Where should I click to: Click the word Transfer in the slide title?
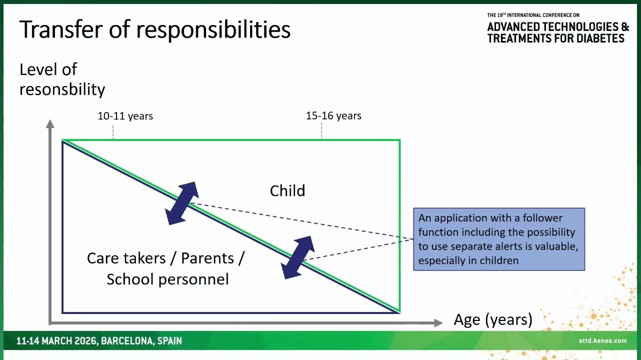coord(60,29)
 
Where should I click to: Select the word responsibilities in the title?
coord(213,30)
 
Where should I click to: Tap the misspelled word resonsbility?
coord(62,89)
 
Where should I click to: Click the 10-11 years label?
coord(125,116)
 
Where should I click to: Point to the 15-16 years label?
coord(333,115)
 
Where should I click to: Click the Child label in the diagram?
coord(287,190)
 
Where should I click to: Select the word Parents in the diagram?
coord(207,258)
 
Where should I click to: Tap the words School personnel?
coord(167,279)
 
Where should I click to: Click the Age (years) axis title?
coord(493,319)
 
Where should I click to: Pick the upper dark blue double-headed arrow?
coord(182,203)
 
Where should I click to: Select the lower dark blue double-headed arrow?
coord(297,257)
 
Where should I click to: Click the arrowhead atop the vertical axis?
coord(50,123)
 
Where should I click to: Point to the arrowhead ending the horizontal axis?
coord(438,323)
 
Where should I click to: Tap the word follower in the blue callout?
coord(542,218)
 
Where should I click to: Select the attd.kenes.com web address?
coord(602,340)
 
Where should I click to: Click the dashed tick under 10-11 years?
coord(113,132)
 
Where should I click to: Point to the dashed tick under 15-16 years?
coord(321,131)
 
